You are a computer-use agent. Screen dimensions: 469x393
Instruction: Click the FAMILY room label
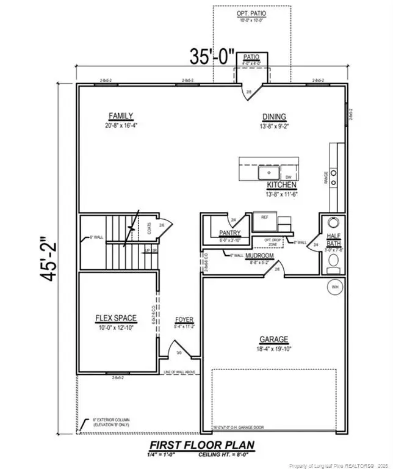tap(121, 116)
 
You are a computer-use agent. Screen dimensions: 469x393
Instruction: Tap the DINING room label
tap(275, 117)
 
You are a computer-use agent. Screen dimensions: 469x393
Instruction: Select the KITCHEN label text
tap(281, 184)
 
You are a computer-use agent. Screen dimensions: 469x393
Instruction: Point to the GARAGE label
tap(273, 340)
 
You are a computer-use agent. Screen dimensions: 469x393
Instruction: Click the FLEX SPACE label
tap(116, 318)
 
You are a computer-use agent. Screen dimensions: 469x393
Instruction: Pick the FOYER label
tap(184, 319)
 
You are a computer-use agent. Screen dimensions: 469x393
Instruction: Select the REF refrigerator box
tap(265, 217)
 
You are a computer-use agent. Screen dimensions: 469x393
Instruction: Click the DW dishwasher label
tap(289, 177)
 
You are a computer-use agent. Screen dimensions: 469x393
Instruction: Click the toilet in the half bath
tap(333, 263)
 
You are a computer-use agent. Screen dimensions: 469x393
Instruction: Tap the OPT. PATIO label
tap(249, 13)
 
